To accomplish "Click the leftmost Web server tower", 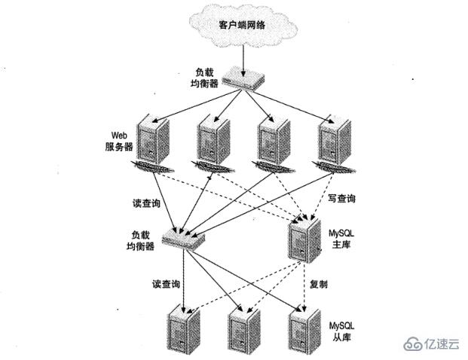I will click(x=153, y=140).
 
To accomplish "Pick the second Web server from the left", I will click(x=214, y=140).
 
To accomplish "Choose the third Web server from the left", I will click(x=273, y=140).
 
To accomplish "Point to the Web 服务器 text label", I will click(x=119, y=141).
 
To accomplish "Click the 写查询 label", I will click(x=341, y=200).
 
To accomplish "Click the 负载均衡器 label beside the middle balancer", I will click(x=139, y=240).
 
